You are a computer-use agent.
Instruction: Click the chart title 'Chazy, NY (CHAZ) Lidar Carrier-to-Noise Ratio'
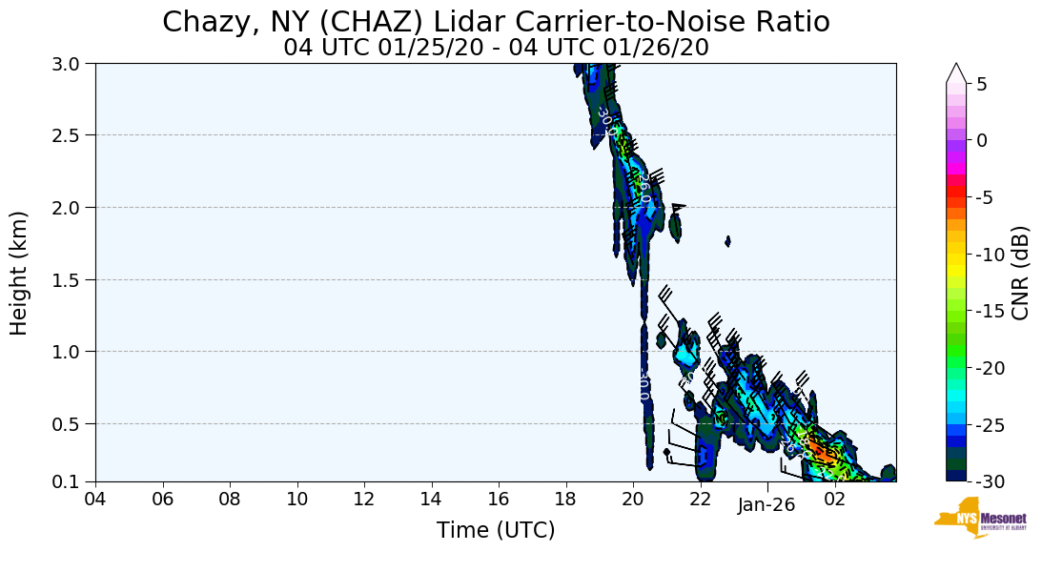[x=496, y=22]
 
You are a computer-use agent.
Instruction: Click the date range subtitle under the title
[x=496, y=47]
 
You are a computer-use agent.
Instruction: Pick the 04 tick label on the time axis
[x=95, y=500]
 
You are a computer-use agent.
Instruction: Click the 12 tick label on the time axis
[x=364, y=500]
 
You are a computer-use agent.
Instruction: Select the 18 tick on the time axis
[x=565, y=500]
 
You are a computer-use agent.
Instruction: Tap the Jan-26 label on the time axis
[x=766, y=505]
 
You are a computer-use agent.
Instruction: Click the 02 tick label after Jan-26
[x=834, y=500]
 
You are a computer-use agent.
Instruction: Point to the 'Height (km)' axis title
[x=20, y=273]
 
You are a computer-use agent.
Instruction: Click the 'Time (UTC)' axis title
[x=496, y=530]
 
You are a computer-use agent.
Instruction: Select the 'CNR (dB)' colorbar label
[x=1020, y=273]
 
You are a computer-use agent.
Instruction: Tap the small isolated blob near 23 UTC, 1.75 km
[x=728, y=241]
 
